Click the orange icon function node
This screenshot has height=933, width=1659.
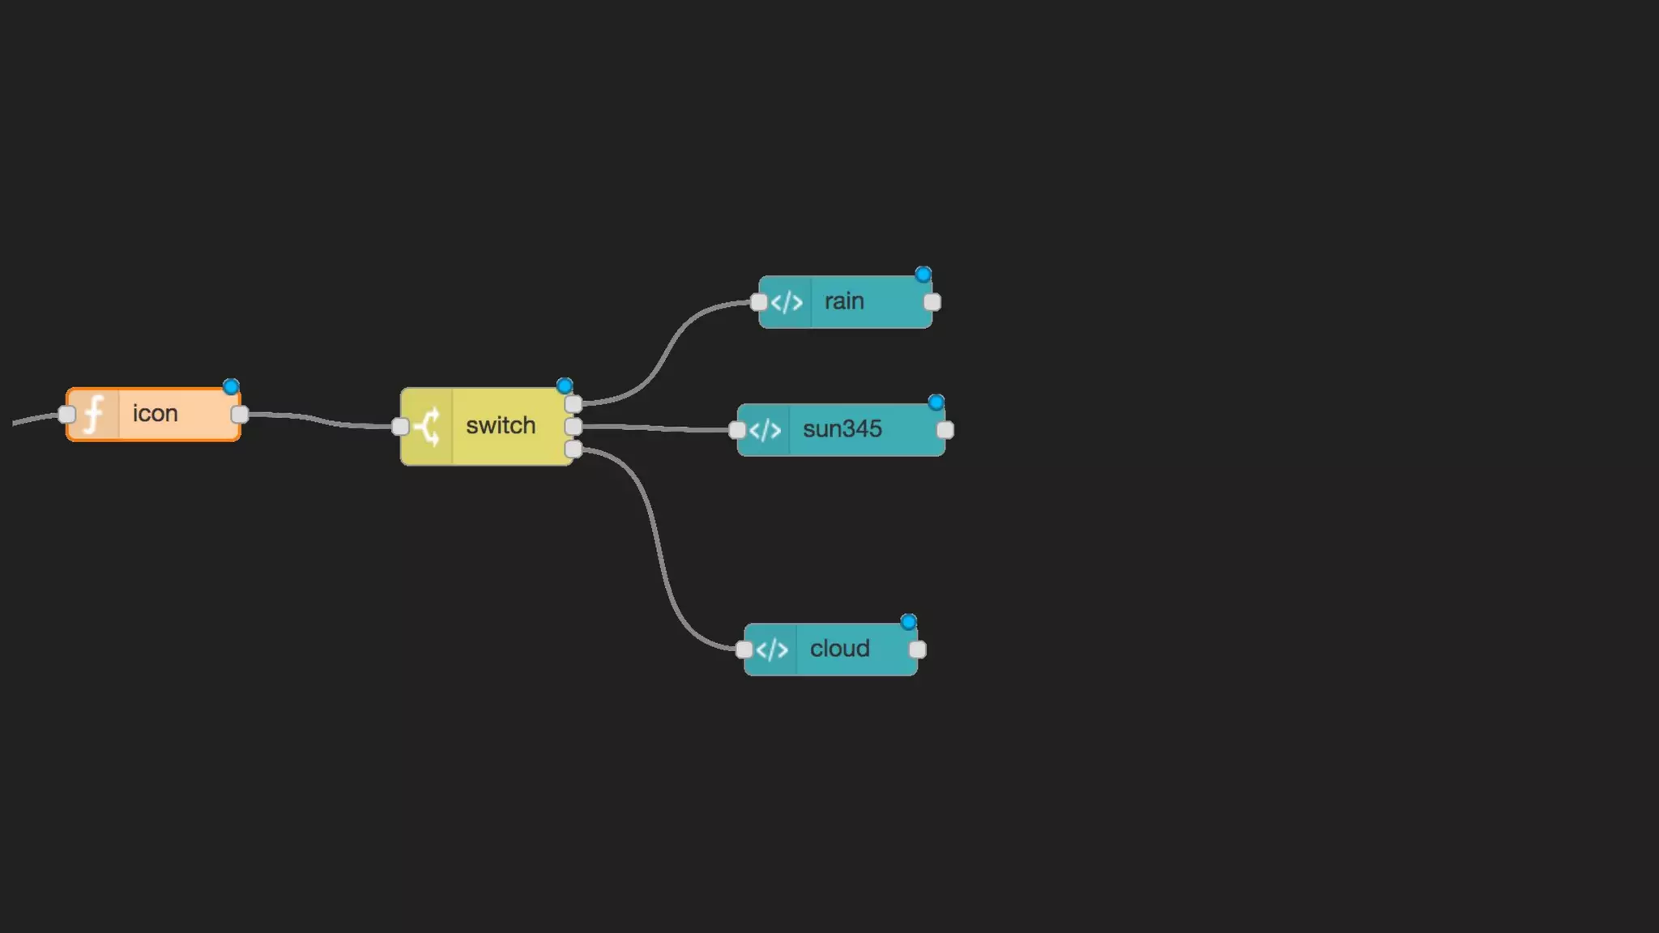(x=154, y=415)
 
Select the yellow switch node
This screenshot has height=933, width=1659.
(x=500, y=426)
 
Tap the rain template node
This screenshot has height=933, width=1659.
(x=845, y=302)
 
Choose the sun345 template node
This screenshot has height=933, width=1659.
(x=842, y=429)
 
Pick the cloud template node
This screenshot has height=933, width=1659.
(x=839, y=650)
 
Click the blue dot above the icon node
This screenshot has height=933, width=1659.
(x=231, y=387)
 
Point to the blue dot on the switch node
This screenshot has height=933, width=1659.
(x=565, y=386)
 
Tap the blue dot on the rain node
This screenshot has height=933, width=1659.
(x=923, y=275)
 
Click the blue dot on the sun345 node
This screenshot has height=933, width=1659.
(x=936, y=403)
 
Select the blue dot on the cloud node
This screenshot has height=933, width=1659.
(x=908, y=622)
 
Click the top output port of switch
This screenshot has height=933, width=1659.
(x=574, y=404)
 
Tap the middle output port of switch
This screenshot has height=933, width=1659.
(x=574, y=426)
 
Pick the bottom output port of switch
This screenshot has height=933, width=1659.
(x=574, y=449)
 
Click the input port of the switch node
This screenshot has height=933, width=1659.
(x=400, y=426)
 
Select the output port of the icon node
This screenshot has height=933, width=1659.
(x=240, y=415)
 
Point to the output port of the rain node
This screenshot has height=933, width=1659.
(x=932, y=302)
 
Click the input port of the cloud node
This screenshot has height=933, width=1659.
(x=744, y=650)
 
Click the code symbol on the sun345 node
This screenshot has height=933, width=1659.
(x=765, y=430)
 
